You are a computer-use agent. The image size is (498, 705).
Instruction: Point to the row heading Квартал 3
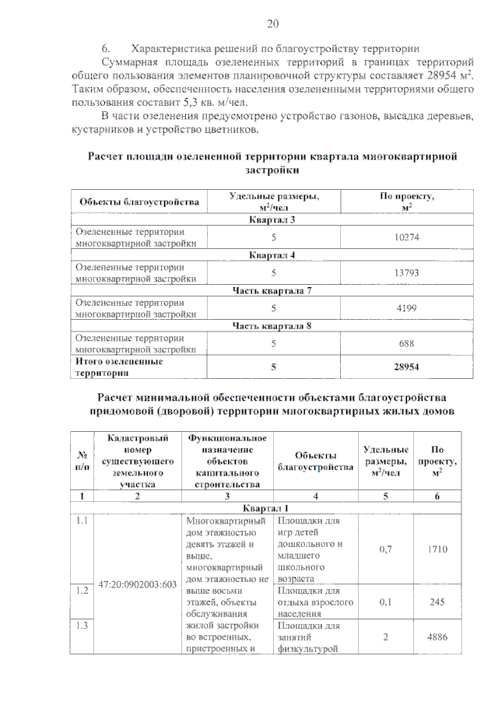[272, 220]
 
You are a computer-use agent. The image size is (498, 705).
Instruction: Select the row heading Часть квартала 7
[272, 291]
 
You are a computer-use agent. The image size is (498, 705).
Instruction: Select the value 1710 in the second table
[437, 549]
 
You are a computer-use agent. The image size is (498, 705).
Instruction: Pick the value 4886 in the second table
[437, 637]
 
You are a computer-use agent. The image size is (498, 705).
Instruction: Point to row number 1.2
[81, 591]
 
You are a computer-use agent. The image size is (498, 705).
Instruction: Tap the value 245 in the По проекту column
[437, 602]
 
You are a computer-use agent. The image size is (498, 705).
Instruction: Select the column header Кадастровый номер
[136, 461]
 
